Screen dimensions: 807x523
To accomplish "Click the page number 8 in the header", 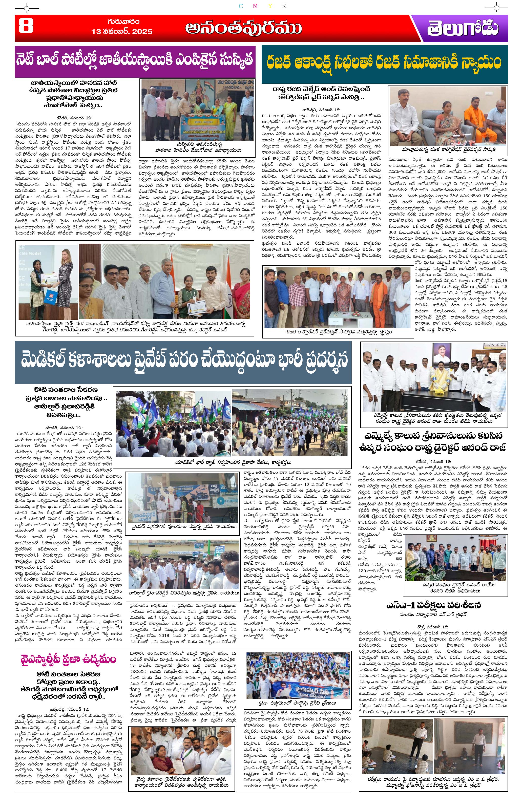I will [x=26, y=27].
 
